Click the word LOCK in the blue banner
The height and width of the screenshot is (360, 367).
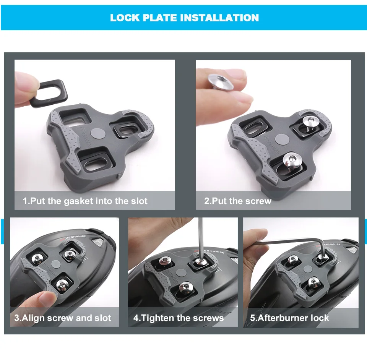[125, 18]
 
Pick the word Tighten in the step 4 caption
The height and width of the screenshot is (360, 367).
[158, 318]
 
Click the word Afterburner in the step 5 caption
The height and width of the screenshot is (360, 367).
[283, 318]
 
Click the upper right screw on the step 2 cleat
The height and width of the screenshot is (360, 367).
[310, 123]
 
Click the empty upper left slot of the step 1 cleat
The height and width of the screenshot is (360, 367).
[74, 117]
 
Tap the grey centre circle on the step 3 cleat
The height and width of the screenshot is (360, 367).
[56, 264]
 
